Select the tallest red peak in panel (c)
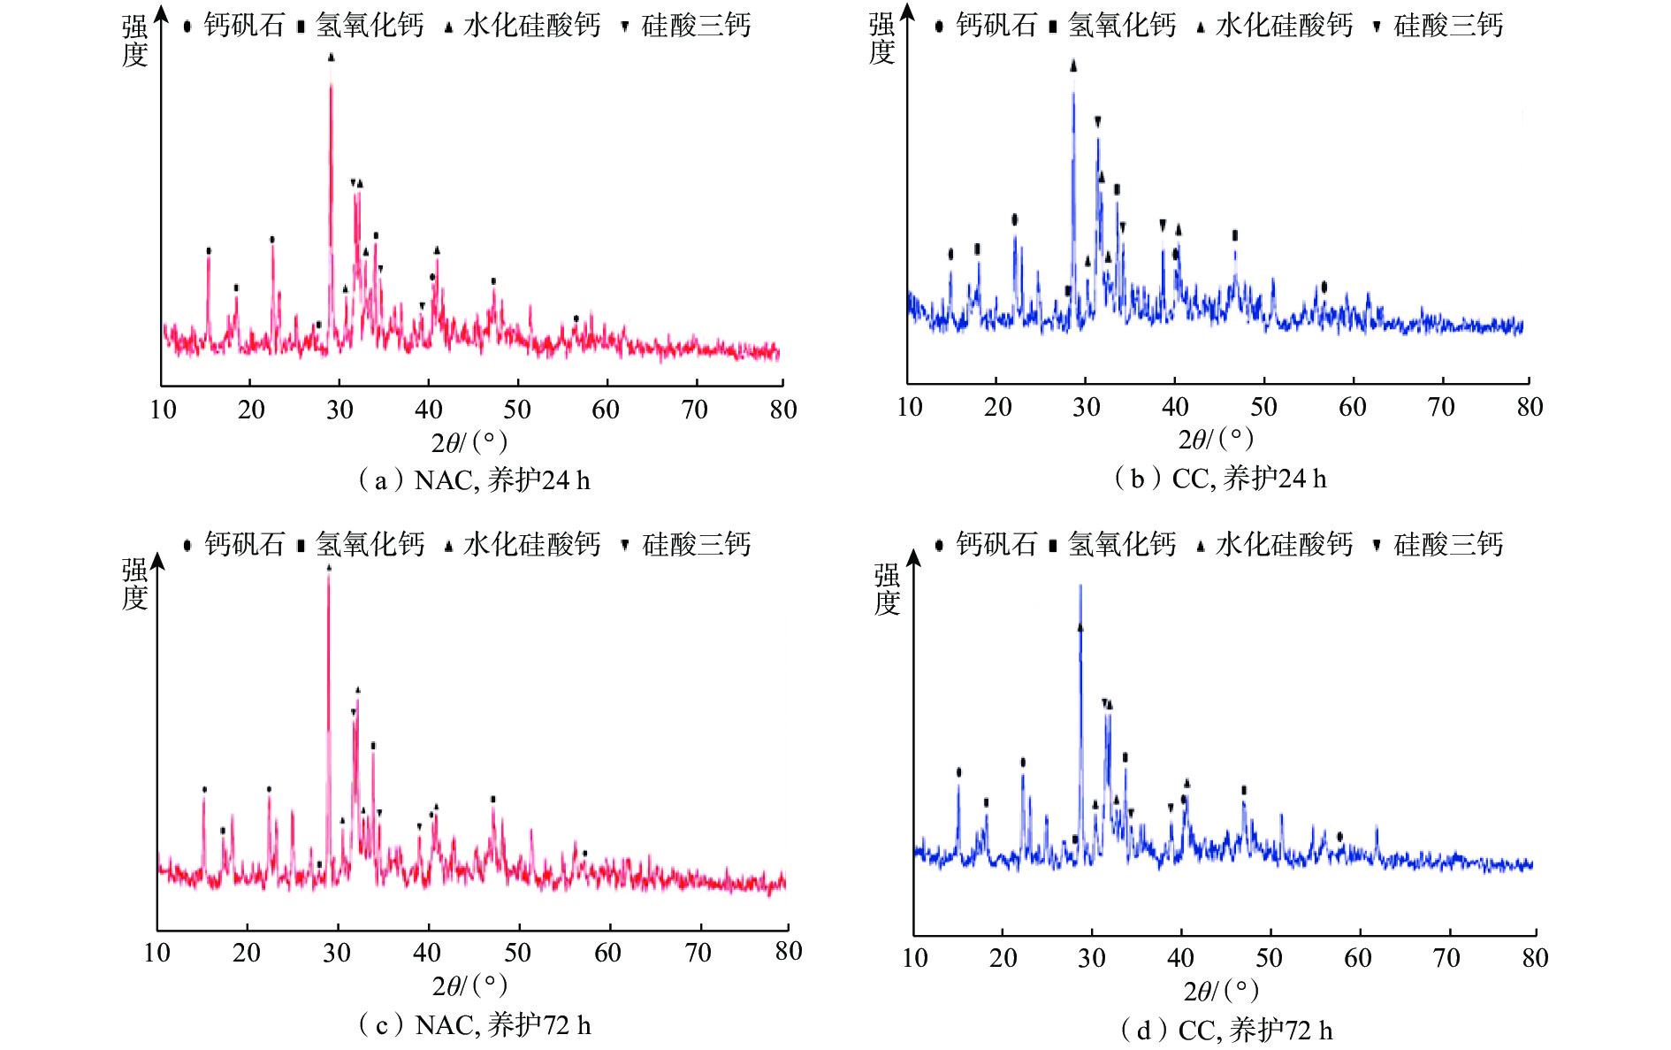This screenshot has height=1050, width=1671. (328, 579)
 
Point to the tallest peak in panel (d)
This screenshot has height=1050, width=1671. (1080, 589)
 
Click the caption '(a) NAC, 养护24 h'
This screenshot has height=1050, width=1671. (473, 480)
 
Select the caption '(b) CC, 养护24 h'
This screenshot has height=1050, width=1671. (1220, 479)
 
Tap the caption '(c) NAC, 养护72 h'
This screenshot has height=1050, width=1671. (473, 1025)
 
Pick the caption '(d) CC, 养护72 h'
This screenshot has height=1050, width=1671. (1225, 1030)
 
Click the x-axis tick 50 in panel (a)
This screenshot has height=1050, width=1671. (517, 410)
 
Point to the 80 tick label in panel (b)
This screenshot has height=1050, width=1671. (1530, 407)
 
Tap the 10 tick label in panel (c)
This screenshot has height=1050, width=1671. (156, 953)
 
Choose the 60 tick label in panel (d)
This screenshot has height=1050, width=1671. (1357, 958)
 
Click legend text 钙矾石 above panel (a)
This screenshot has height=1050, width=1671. (244, 25)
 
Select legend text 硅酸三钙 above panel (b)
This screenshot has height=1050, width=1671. (1448, 25)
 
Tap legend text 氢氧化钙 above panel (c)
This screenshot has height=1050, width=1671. (370, 544)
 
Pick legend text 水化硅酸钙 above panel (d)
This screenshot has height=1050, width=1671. (1284, 544)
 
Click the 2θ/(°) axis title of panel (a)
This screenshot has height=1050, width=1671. (469, 441)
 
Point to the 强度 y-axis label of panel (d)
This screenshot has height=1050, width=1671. (887, 589)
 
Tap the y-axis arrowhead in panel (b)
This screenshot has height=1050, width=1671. (906, 13)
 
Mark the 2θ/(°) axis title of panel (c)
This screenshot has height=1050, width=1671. (469, 985)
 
